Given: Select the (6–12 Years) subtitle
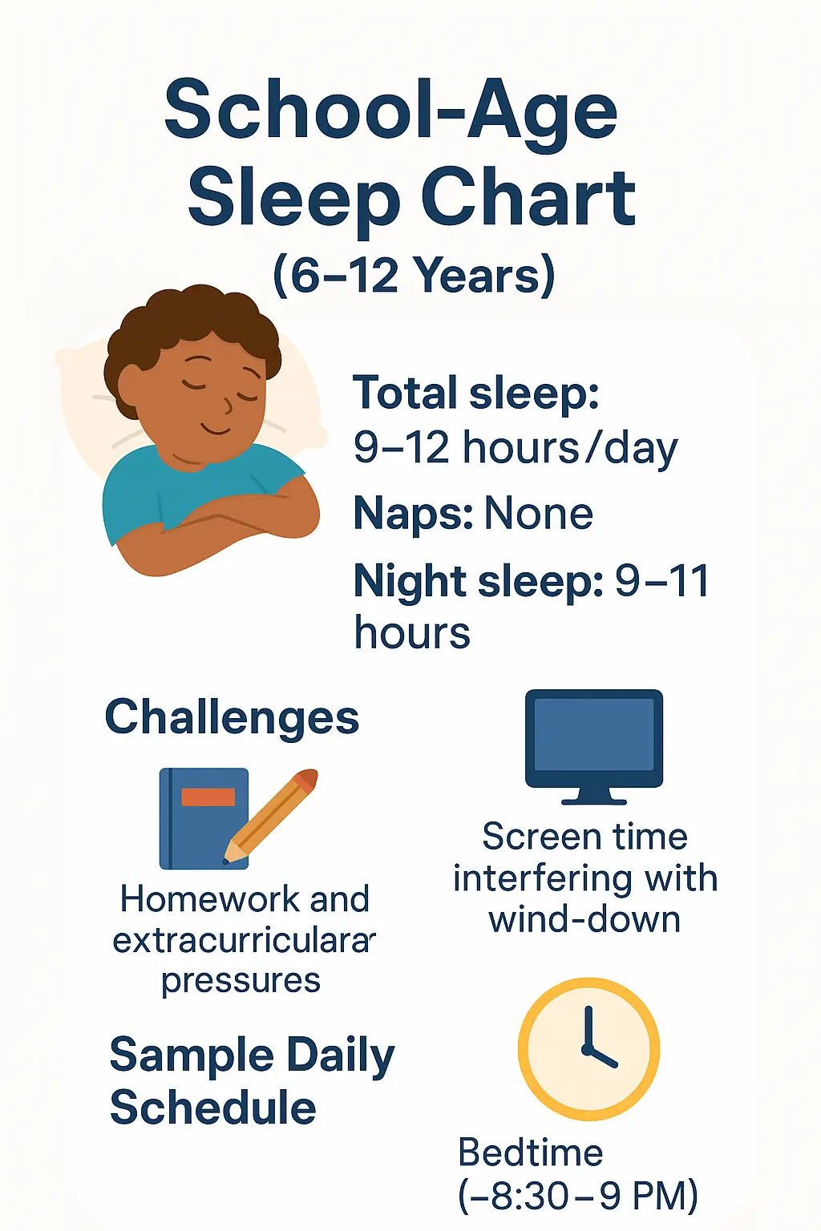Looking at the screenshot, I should pos(414,275).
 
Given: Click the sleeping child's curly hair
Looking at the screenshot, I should pos(192,321).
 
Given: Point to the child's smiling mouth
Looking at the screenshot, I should pos(214,428).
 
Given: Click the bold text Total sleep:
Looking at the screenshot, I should pos(476,393).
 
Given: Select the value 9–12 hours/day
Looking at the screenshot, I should pos(516,447).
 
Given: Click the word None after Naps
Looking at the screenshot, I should pos(538,514).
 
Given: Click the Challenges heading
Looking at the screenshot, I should pos(232,716).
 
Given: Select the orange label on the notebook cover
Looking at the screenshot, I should pos(208,797).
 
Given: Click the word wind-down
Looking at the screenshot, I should pos(584,919).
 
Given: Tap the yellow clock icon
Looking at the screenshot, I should pos(588,1048).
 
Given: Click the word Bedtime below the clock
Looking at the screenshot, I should pos(530,1153).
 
